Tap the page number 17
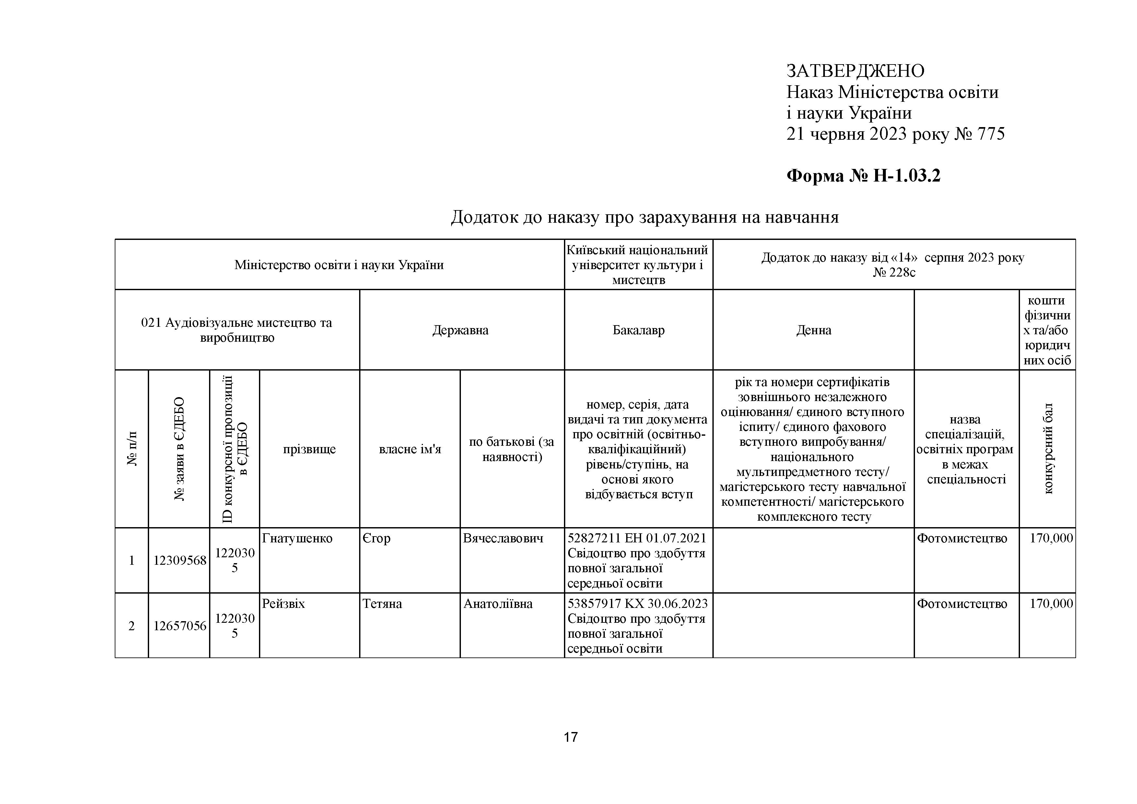tap(570, 737)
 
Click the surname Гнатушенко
tap(297, 538)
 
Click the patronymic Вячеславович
tap(503, 538)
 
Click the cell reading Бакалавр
tap(638, 330)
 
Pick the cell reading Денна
tap(814, 330)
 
